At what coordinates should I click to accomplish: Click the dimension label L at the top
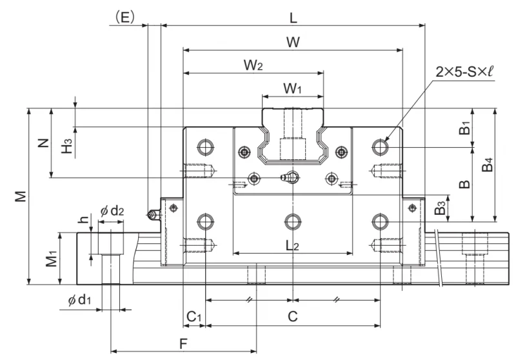293,18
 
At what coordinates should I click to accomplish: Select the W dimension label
293,43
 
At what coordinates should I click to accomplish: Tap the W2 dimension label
253,65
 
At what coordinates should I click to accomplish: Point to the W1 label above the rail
292,88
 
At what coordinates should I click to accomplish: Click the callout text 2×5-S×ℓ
464,72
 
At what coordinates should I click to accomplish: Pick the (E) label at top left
124,17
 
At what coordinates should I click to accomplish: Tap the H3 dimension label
67,146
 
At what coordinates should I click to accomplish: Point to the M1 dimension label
52,257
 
